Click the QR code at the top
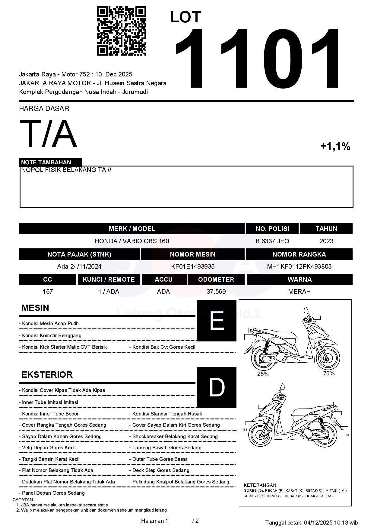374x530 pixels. point(121,31)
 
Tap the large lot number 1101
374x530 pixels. point(258,59)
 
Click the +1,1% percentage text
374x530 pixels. point(335,147)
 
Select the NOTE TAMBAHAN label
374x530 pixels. point(46,162)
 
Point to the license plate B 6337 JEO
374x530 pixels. point(272,241)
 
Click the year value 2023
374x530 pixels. point(326,241)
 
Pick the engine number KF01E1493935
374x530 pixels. point(193,267)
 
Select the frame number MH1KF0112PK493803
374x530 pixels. point(299,267)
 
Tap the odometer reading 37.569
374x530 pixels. point(216,292)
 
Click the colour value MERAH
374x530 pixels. point(299,292)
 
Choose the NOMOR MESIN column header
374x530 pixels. point(193,254)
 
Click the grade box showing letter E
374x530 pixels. point(216,321)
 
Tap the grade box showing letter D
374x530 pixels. point(216,387)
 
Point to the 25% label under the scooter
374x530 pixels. point(263,374)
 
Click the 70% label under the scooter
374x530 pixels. point(329,373)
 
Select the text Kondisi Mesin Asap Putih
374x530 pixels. point(50,324)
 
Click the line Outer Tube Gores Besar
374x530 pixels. point(160,459)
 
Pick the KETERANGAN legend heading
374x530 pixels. point(260,485)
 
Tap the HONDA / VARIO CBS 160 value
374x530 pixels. point(132,241)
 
